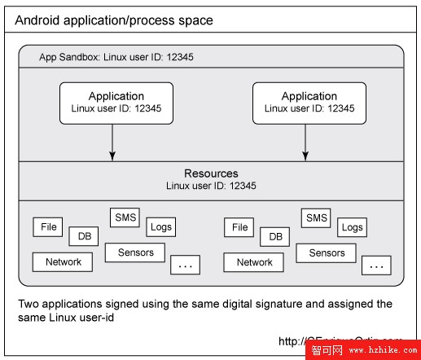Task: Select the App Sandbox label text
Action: coord(116,58)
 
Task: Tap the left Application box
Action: coord(116,103)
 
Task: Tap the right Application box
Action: coord(309,103)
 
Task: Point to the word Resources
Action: coord(211,173)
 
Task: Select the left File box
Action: coord(49,227)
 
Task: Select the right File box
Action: coord(239,227)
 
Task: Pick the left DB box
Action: coord(85,236)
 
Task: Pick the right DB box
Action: coord(275,236)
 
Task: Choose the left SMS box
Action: coord(124,217)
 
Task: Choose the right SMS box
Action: coord(315,217)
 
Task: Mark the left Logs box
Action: coord(161,227)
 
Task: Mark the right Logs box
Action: coord(352,227)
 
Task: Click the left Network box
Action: coord(63,261)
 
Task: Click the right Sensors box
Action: coord(327,253)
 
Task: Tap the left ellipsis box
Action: coord(185,266)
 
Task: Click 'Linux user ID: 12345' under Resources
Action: coord(211,186)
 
